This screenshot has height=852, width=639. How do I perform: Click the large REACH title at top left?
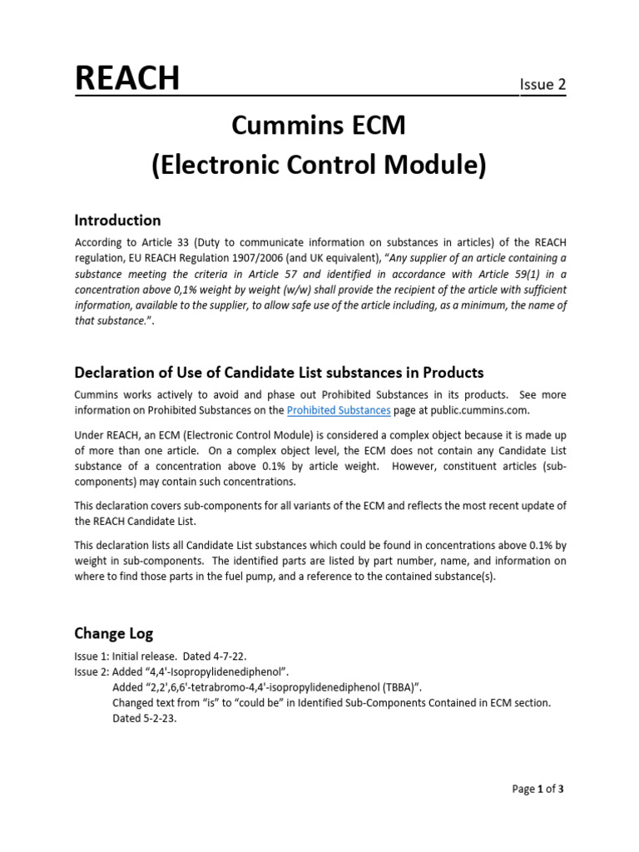click(126, 78)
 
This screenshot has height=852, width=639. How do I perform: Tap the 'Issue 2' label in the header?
click(542, 84)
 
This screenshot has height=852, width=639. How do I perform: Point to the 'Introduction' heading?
click(117, 220)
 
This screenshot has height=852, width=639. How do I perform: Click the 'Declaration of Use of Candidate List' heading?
click(279, 372)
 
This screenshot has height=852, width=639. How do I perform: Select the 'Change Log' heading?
click(114, 633)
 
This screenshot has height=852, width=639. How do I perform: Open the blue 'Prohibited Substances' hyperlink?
click(339, 410)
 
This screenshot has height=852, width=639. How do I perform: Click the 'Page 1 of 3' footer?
click(538, 789)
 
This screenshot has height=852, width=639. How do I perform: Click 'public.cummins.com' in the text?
click(473, 410)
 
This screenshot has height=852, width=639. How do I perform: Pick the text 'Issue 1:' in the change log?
click(92, 656)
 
